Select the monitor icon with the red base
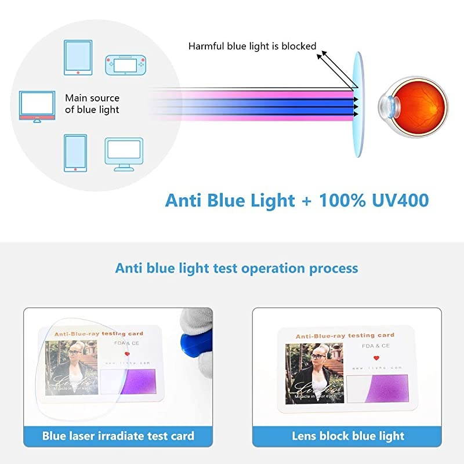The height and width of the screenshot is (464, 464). pyautogui.click(x=36, y=106)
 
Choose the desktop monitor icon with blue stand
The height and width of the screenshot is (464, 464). pyautogui.click(x=124, y=154)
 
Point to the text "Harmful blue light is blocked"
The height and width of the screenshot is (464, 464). pyautogui.click(x=252, y=46)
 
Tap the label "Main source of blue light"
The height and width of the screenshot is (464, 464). pyautogui.click(x=92, y=104)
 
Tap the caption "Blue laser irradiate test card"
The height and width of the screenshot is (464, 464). pyautogui.click(x=118, y=436)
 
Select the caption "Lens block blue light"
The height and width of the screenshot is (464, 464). pyautogui.click(x=347, y=436)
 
